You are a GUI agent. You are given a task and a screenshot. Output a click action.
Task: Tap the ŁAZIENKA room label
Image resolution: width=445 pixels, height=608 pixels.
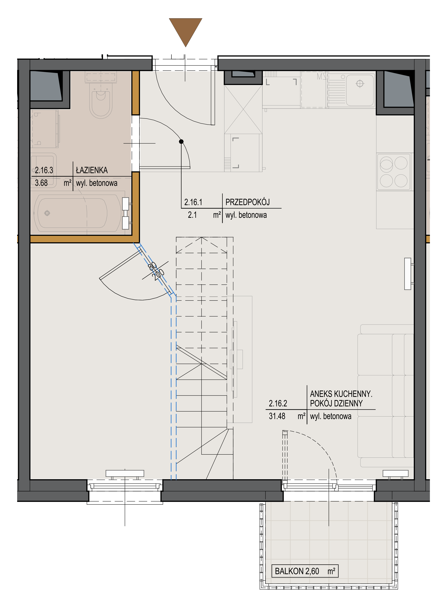92,170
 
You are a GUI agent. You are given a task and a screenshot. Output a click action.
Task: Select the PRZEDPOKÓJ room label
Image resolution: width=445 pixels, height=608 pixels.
248,202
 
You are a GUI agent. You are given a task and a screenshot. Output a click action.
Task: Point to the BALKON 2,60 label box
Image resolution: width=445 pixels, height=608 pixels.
305,571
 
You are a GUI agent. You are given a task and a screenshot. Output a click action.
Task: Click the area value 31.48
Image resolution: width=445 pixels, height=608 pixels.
277,416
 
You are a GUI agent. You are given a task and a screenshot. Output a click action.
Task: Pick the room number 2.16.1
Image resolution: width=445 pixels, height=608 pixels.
193,202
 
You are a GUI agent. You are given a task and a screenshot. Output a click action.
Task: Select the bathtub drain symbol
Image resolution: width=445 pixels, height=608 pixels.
47,213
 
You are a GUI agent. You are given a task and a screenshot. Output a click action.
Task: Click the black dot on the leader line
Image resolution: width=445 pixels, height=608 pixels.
181,141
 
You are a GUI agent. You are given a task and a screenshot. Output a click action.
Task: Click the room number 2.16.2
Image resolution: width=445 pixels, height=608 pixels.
278,403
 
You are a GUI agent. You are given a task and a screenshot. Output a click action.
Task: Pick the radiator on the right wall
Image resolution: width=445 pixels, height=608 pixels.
408,274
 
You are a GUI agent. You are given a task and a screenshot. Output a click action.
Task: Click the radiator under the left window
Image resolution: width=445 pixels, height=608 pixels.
125,474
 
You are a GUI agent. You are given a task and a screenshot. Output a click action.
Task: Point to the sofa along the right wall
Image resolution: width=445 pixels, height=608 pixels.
386,396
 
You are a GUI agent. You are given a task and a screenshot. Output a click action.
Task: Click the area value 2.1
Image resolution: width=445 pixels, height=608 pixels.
192,215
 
